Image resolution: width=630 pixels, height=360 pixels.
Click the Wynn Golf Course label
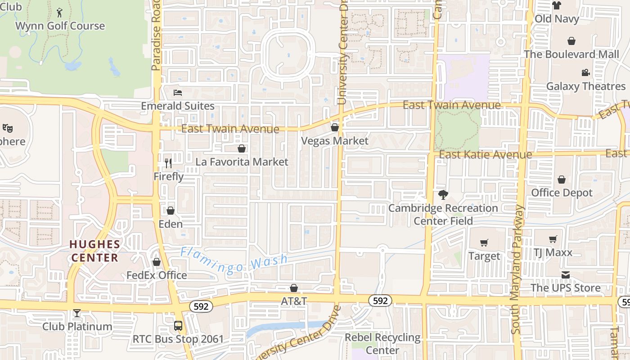(60, 26)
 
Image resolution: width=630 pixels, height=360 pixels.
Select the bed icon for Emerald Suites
(178, 93)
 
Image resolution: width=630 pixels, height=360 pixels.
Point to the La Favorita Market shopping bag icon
(242, 148)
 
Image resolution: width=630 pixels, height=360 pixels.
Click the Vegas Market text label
(334, 141)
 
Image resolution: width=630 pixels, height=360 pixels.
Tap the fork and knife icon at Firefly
(168, 163)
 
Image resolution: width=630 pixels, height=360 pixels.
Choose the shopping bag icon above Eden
(171, 210)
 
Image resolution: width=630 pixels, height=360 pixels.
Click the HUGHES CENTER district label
(95, 251)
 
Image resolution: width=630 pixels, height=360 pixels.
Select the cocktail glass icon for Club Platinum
(77, 313)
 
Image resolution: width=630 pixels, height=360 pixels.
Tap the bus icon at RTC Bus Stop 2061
(178, 325)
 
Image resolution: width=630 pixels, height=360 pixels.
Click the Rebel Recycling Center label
(382, 343)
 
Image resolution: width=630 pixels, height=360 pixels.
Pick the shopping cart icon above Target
(484, 243)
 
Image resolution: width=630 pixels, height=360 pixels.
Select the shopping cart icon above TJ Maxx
(553, 239)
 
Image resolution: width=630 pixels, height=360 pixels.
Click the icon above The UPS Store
(566, 274)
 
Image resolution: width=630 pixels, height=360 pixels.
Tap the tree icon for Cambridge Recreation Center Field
(443, 195)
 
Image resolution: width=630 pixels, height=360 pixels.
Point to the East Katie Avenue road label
(486, 155)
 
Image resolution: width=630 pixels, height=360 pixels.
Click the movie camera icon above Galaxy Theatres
(585, 72)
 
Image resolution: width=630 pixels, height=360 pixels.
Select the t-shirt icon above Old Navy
(557, 5)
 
